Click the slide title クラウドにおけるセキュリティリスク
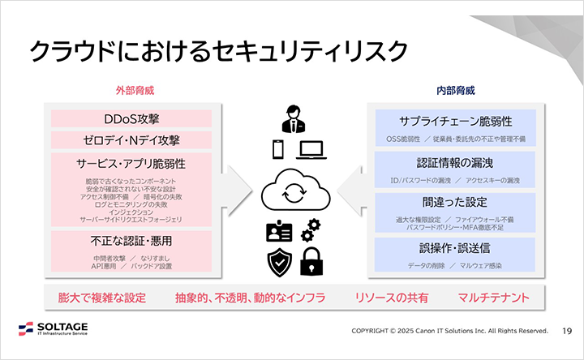coord(218,52)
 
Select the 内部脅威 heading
coord(455,91)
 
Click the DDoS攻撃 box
coord(131,118)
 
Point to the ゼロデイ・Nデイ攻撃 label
coord(131,140)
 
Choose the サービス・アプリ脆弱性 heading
coord(131,163)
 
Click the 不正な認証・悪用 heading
coord(131,241)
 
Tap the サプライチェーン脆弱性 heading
coord(455,121)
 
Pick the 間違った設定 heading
coord(455,202)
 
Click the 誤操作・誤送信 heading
coord(455,247)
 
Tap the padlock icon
coord(311,261)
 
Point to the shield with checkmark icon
coord(279,261)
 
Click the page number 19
coord(567,331)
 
